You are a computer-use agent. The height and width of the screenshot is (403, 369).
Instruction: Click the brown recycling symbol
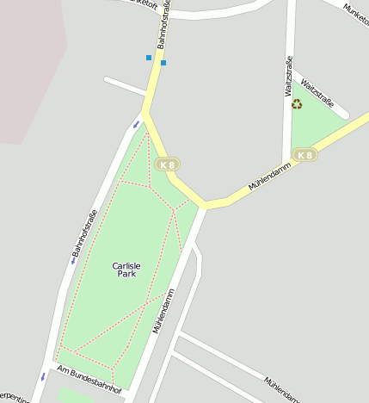297,104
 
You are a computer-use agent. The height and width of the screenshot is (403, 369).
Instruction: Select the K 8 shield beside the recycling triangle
304,155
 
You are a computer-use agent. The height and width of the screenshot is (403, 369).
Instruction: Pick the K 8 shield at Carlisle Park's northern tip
167,164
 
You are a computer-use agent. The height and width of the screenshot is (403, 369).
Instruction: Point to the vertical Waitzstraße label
288,77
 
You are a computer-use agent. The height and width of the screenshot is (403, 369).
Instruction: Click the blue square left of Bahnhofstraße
149,58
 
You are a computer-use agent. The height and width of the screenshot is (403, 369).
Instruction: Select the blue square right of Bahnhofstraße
163,62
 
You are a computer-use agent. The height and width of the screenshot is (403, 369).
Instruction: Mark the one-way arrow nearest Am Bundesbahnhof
43,376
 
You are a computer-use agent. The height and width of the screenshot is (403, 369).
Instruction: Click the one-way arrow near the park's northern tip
135,126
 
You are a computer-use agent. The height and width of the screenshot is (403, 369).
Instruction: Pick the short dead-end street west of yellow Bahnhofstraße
125,86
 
